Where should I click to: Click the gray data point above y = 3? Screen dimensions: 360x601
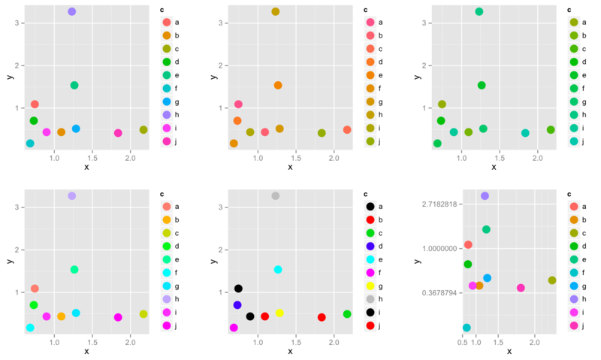point(276,196)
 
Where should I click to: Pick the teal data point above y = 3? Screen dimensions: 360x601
point(479,11)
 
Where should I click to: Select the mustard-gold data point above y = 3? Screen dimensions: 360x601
point(276,12)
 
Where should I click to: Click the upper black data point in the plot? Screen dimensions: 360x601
point(238,289)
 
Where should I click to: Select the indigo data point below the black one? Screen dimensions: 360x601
point(237,305)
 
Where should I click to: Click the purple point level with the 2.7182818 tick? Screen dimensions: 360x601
point(485,196)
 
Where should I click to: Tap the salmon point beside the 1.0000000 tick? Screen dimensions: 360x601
point(468,245)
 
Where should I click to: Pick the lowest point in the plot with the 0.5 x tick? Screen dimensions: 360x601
point(467,328)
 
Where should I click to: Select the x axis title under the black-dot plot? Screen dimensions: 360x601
point(290,351)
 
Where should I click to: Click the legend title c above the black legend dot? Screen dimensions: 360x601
point(364,194)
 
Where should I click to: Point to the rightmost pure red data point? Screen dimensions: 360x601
point(322,317)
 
